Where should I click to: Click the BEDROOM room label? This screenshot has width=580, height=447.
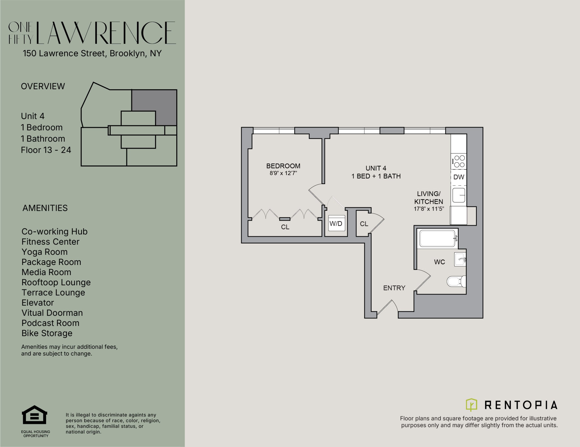click(283, 166)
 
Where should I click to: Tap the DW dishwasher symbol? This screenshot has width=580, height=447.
click(459, 177)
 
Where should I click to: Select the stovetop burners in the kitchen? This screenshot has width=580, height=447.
click(459, 161)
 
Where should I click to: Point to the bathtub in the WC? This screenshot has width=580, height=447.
click(437, 239)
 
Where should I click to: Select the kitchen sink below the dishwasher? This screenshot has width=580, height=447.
click(459, 195)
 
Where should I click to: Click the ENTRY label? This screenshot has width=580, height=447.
click(394, 288)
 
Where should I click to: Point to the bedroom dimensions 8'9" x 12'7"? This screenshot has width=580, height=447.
click(283, 173)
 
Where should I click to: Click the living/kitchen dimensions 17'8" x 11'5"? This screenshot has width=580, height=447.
click(429, 209)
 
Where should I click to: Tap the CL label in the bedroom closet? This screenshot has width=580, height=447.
click(285, 227)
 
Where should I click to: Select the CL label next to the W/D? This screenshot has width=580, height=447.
click(364, 224)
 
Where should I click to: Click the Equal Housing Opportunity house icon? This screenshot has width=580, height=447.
click(34, 415)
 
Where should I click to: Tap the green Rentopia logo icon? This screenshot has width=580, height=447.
click(471, 405)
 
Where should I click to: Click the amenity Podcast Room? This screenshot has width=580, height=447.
click(51, 323)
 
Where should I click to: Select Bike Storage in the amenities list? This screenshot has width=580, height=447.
click(47, 333)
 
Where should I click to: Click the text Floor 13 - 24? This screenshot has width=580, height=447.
click(46, 150)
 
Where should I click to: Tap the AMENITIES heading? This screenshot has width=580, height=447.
click(45, 208)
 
